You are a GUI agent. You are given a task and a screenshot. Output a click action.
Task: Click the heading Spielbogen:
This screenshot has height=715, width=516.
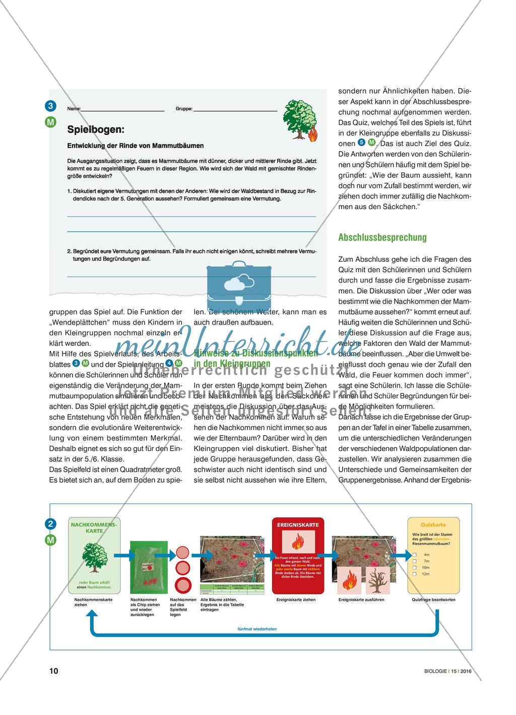point(95,129)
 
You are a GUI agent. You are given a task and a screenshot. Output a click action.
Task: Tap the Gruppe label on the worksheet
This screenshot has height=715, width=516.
point(184,108)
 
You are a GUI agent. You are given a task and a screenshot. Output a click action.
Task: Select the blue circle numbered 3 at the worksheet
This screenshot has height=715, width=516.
point(50,106)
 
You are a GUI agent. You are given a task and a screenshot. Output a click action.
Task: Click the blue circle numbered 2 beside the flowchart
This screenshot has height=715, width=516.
point(50,524)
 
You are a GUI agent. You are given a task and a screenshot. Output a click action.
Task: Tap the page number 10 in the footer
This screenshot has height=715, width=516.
point(54,671)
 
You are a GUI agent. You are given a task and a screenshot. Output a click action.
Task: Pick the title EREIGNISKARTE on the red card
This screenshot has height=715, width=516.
point(298,525)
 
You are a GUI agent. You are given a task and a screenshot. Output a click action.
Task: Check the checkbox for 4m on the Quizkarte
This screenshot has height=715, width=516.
point(414,554)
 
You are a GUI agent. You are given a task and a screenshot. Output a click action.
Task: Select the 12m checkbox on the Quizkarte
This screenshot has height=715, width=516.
point(414,574)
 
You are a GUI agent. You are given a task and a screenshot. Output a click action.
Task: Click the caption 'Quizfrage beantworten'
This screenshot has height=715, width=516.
point(433,600)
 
